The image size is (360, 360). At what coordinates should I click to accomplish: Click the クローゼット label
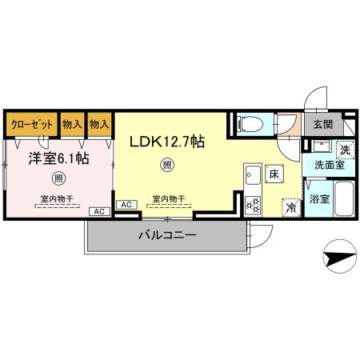click(32, 124)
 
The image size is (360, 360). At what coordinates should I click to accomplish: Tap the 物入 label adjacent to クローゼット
click(72, 124)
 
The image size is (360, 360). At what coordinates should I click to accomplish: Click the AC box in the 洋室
click(100, 211)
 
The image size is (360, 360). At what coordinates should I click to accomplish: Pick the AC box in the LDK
click(126, 206)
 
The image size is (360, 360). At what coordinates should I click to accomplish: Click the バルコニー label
click(166, 235)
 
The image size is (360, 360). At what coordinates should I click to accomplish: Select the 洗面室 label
click(328, 165)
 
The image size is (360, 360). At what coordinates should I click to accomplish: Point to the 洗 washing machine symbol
click(345, 149)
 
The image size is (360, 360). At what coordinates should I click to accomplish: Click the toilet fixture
click(250, 122)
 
